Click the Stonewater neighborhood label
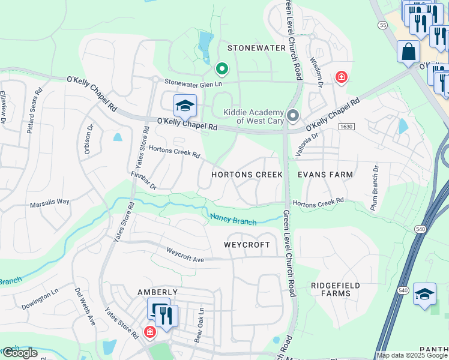[x=250, y=47]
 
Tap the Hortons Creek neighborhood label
[x=247, y=175]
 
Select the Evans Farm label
[x=325, y=175]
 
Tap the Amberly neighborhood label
[x=158, y=292]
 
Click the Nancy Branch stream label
[x=233, y=219]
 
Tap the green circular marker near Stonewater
[x=221, y=69]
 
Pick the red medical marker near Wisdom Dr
[x=341, y=77]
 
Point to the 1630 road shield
[x=346, y=127]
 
